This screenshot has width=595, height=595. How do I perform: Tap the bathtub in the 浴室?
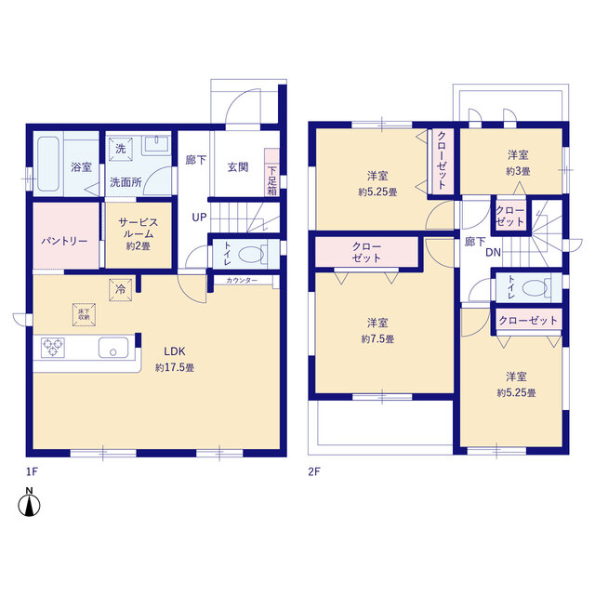coord(48,164)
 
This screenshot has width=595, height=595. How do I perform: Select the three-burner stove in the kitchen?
coord(53,348)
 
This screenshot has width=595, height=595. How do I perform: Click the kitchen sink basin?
coord(113,348)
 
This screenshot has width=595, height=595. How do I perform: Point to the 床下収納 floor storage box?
coord(84,314)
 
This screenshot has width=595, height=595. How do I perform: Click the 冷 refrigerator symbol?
coord(120,290)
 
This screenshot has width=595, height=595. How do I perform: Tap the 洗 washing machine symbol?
coord(121,149)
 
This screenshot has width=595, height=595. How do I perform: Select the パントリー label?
coord(64,241)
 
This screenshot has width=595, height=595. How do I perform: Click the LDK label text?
coord(175,351)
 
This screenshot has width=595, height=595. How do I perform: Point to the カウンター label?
coord(242,281)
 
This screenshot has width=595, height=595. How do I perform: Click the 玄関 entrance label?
coord(238,167)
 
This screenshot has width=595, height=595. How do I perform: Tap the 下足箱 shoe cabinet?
coord(271,173)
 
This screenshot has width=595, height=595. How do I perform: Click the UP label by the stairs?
coord(199,218)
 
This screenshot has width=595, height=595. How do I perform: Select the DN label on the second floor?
coord(494,252)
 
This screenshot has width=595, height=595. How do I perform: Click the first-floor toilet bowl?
coord(251,254)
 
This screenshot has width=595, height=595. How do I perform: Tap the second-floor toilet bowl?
coord(535,288)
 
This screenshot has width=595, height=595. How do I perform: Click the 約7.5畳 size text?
coord(377,338)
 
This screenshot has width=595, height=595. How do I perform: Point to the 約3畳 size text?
coord(518,171)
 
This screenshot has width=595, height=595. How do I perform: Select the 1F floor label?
coord(32,471)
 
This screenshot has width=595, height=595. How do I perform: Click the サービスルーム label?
coord(139,228)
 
